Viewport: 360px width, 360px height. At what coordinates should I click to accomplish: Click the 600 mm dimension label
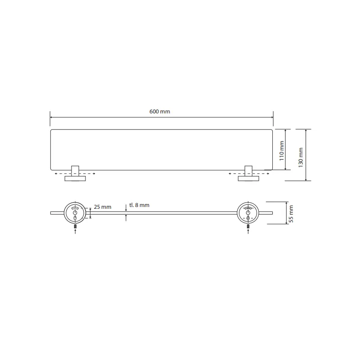160,112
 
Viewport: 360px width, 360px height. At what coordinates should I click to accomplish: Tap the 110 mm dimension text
282,151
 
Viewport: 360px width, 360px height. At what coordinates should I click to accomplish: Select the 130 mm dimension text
301,157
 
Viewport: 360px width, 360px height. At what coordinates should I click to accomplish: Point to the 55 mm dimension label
291,214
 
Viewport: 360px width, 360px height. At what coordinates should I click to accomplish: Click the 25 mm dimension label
103,207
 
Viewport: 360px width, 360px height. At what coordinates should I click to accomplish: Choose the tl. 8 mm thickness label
139,205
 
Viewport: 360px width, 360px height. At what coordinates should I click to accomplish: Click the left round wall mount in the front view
75,213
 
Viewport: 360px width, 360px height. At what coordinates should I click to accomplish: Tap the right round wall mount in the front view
248,213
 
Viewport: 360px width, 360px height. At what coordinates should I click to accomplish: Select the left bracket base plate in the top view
75,178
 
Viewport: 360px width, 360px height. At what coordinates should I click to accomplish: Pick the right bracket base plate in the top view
248,178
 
